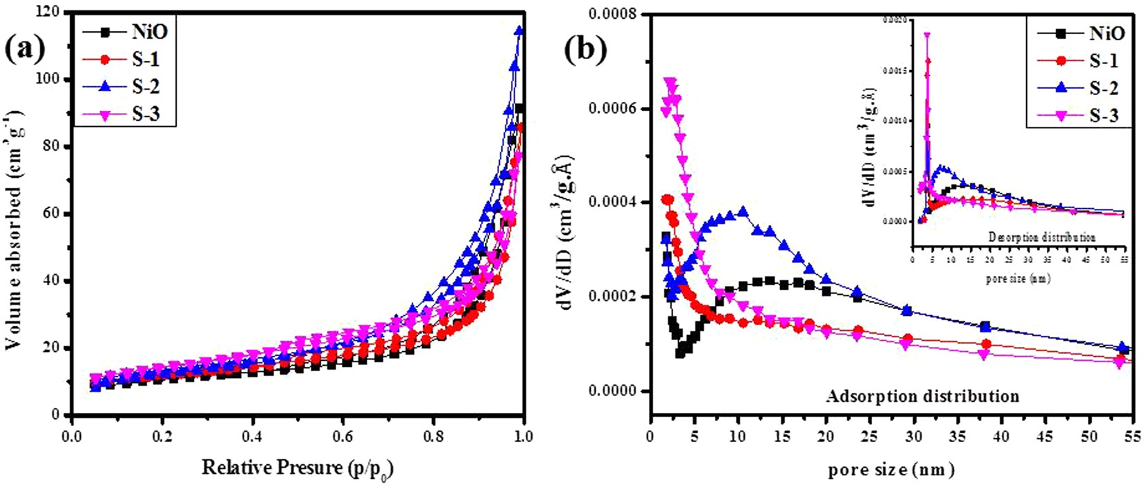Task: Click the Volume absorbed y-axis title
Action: (15, 214)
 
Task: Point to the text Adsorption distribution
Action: (922, 397)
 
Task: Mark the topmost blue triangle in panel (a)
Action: (519, 31)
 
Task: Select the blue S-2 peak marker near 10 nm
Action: (743, 212)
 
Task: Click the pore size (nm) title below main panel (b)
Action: (890, 469)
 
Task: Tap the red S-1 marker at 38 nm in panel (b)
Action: (986, 344)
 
